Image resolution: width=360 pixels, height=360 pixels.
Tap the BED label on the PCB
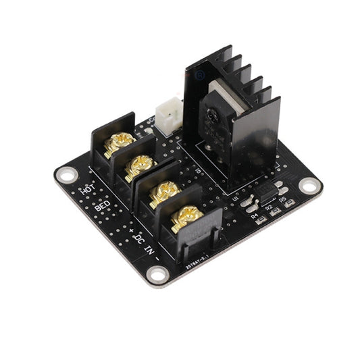click(x=102, y=205)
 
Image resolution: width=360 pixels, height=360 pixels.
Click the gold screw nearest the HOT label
click(x=120, y=141)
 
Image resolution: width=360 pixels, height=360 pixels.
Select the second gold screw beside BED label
click(x=140, y=164)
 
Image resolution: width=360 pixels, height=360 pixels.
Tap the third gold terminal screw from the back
click(x=163, y=192)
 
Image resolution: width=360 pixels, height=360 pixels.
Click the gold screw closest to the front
click(x=186, y=218)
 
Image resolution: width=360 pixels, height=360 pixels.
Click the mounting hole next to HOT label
click(x=66, y=174)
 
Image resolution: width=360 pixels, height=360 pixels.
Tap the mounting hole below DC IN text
click(x=158, y=274)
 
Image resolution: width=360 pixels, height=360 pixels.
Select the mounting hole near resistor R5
click(x=309, y=184)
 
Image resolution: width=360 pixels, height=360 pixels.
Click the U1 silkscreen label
click(x=236, y=199)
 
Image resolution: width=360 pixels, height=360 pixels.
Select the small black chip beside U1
click(x=266, y=192)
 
